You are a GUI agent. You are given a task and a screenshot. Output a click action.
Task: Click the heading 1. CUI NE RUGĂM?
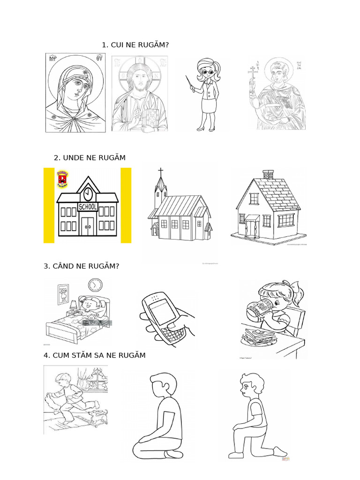coord(135,45)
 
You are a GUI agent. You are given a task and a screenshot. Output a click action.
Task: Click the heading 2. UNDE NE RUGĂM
coord(90,157)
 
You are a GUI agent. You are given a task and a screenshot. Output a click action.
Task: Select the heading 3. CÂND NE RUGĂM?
coord(82,266)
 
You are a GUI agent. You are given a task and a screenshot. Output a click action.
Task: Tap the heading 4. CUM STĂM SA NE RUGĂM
coord(94,355)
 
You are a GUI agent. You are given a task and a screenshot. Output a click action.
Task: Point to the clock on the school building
coord(88,194)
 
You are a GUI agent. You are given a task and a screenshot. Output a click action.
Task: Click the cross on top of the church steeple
coord(161,172)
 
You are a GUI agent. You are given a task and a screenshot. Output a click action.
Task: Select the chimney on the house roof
coord(269,175)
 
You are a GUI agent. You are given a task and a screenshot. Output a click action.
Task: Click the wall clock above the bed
coord(95,285)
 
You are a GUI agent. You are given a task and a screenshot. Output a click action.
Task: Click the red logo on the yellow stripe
coord(62,179)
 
